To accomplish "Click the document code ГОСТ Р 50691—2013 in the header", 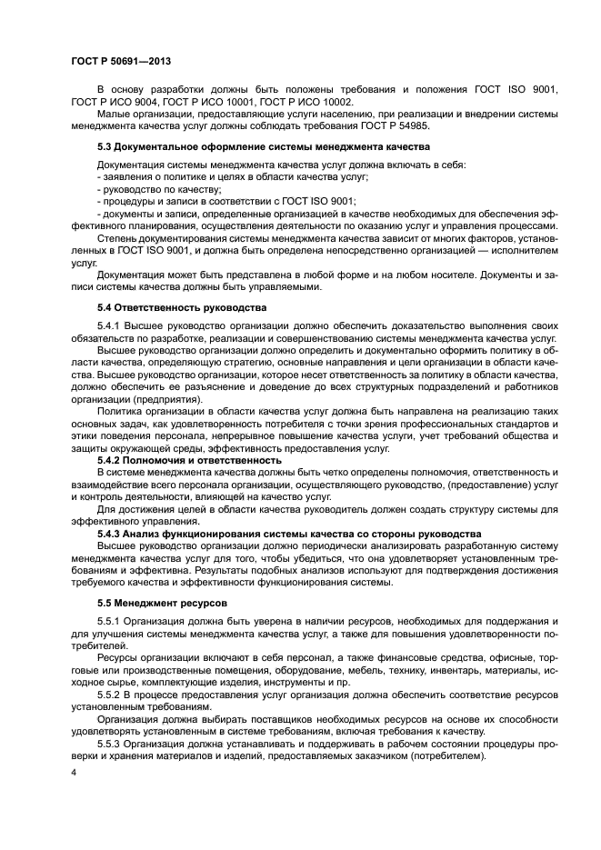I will click(121, 61).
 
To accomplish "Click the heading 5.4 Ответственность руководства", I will click(182, 307).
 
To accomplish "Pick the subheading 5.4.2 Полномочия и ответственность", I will click(189, 460).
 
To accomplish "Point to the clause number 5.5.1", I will click(108, 620).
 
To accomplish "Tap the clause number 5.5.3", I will click(108, 742).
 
